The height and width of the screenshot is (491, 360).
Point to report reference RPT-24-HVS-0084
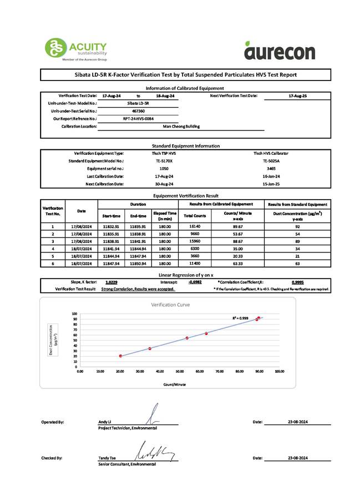[138, 119]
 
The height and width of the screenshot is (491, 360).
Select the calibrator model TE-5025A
[271, 160]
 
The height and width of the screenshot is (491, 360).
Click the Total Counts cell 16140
[194, 226]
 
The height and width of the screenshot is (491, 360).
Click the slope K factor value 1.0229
[111, 282]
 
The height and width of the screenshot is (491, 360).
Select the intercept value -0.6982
[195, 282]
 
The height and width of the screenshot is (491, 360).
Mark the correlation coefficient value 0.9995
[297, 282]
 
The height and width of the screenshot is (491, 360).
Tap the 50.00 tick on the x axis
[180, 371]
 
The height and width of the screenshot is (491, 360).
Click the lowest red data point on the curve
[120, 356]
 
